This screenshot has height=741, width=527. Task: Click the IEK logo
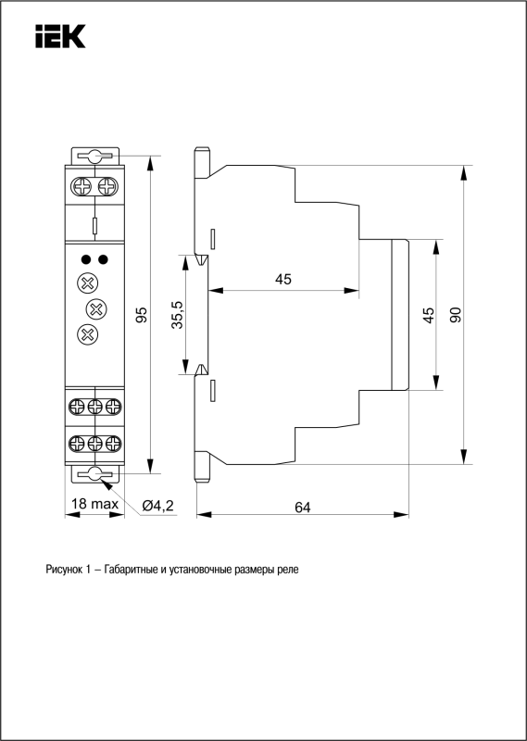point(60,36)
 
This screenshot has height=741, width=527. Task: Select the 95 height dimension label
point(142,315)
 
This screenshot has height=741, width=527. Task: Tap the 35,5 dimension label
point(178,315)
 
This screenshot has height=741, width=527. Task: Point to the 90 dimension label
point(455,315)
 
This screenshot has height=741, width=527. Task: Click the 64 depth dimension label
point(303,507)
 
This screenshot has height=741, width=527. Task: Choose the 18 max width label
point(94,504)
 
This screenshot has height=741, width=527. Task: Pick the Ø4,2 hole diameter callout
point(157,506)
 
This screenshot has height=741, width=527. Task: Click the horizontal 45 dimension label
point(283,280)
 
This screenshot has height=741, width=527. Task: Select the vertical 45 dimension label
point(428,315)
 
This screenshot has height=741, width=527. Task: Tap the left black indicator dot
point(86,259)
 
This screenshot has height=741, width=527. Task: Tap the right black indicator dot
point(103,259)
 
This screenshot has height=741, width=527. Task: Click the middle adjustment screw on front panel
point(96,309)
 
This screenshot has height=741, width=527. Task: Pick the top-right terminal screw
point(107,186)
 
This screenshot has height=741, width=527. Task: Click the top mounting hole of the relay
point(95,156)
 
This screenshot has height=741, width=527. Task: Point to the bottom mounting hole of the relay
point(95,474)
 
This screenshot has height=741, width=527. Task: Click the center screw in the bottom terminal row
point(95,444)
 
